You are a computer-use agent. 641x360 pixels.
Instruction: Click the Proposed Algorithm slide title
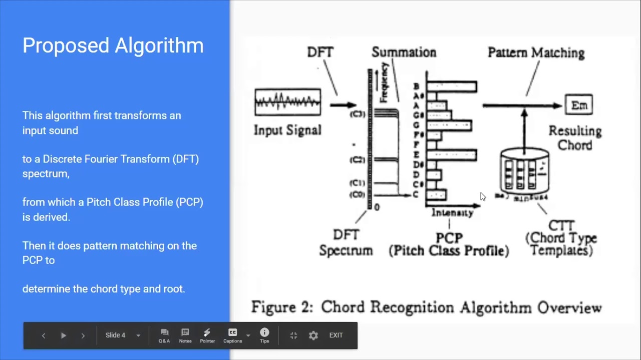[113, 45]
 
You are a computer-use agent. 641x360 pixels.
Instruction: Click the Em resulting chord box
[579, 105]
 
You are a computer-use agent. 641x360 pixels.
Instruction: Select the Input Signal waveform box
[287, 102]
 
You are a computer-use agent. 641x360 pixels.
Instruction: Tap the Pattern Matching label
[536, 53]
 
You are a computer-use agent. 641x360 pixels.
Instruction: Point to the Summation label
[404, 52]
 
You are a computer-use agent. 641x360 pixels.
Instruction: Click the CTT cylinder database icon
[524, 170]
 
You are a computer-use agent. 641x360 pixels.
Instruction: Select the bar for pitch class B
[452, 87]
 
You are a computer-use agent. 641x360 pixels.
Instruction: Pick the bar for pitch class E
[452, 155]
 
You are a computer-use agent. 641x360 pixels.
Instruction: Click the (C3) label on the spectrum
[358, 114]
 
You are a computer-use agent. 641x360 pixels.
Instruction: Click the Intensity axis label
[452, 213]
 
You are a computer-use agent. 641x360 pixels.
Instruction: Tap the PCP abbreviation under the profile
[449, 238]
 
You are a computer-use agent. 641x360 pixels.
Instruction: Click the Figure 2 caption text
[426, 307]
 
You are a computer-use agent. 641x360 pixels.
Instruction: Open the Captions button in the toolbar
[232, 335]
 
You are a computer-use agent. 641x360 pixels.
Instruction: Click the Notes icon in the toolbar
[185, 335]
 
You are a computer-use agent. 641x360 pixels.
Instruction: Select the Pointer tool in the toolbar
[207, 335]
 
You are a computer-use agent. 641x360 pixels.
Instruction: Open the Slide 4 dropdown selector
[123, 335]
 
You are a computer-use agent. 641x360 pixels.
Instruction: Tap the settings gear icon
[313, 335]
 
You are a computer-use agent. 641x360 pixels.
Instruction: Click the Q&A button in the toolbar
[164, 335]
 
